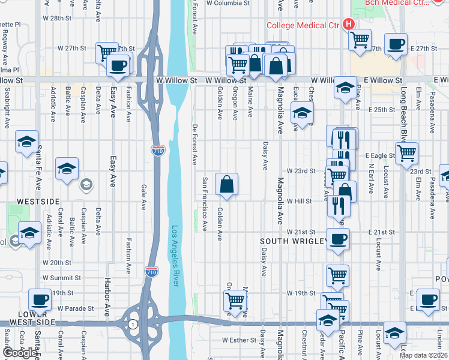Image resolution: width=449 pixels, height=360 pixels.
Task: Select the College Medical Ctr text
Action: point(303,25)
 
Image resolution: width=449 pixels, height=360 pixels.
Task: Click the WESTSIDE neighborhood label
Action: point(38,201)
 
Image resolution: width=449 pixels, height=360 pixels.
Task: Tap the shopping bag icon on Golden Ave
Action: point(226,185)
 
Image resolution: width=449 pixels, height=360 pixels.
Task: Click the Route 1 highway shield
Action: point(131,324)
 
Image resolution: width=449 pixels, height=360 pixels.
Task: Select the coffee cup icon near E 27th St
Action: point(396,44)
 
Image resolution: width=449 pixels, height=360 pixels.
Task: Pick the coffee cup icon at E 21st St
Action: point(338,238)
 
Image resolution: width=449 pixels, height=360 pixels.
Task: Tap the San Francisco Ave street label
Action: point(205,205)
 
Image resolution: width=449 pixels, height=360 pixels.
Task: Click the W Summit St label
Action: point(62,278)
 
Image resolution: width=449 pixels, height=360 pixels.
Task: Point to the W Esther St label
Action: point(239,340)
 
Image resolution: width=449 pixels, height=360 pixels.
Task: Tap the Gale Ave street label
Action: point(143,197)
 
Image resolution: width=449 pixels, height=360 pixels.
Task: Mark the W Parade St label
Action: point(76,308)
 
